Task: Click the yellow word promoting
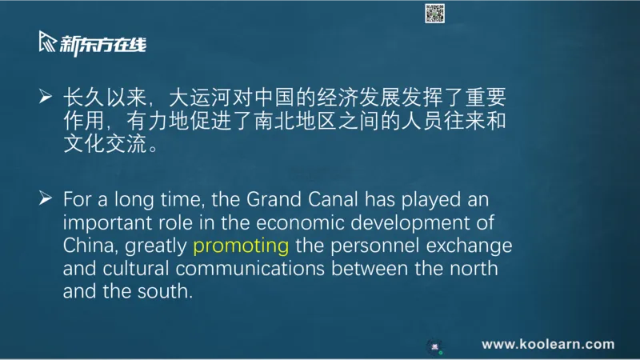(x=241, y=246)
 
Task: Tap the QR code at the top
(x=434, y=14)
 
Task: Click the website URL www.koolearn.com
(x=548, y=344)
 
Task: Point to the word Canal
(x=333, y=199)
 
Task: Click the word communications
(x=250, y=269)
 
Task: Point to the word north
(x=474, y=269)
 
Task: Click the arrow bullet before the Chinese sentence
(x=46, y=96)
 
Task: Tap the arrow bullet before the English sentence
(x=46, y=198)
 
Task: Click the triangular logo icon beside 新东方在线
(x=47, y=42)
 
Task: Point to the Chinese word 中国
(x=274, y=98)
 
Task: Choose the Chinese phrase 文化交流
(x=105, y=143)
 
